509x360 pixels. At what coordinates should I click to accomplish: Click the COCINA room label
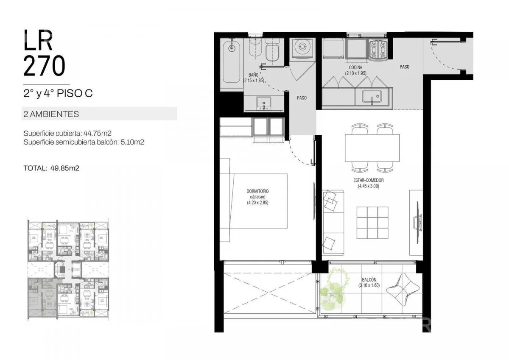coord(355,67)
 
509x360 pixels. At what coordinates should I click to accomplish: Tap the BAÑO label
coord(253,75)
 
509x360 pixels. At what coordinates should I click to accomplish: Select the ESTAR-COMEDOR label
coord(368,180)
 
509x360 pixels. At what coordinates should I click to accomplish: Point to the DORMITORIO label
coord(257,191)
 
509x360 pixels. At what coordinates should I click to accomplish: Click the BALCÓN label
coord(369,280)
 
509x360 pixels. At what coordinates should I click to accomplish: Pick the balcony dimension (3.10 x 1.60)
coord(369,285)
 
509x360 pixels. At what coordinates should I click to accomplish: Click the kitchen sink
coord(372,97)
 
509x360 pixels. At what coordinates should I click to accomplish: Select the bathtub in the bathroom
coord(231,61)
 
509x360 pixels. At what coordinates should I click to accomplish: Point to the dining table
coord(372,148)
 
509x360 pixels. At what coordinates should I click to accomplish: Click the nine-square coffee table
coord(372,223)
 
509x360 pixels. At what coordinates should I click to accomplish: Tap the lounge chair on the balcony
coord(403,289)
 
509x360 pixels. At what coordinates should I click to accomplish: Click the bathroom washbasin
coord(263,103)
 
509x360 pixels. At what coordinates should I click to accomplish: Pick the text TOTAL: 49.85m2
coord(51,168)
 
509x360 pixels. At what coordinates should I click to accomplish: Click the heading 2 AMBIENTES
coord(51,114)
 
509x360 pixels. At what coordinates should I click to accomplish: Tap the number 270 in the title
coord(44,66)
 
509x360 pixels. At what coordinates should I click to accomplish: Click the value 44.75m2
coord(98,133)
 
